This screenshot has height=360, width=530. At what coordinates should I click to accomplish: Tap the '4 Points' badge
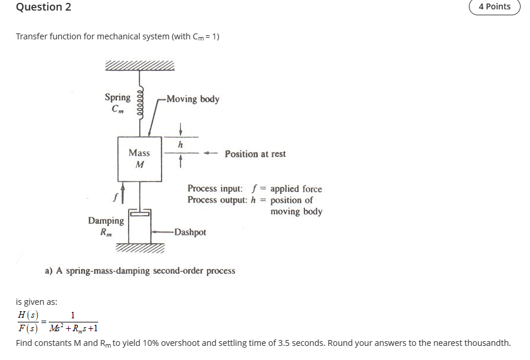click(494, 6)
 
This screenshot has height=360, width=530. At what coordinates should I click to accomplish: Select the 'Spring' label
click(118, 97)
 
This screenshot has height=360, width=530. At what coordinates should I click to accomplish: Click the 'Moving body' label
click(193, 99)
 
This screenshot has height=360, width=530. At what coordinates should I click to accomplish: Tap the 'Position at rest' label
click(255, 154)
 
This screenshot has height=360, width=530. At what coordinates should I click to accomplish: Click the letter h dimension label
click(181, 144)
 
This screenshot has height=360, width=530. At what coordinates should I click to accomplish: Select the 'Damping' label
click(106, 221)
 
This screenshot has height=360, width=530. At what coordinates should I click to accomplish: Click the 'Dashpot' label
click(190, 232)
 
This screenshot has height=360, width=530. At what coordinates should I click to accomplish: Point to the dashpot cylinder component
click(140, 226)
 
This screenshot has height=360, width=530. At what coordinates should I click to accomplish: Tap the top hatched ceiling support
click(140, 65)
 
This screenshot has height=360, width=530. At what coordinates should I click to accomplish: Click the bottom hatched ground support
click(140, 249)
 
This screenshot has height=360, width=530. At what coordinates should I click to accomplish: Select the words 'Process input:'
click(214, 189)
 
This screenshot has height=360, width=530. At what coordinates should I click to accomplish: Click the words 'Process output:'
click(218, 200)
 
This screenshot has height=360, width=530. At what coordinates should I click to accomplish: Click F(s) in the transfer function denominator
click(28, 328)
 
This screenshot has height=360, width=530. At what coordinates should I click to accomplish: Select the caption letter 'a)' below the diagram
click(50, 271)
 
